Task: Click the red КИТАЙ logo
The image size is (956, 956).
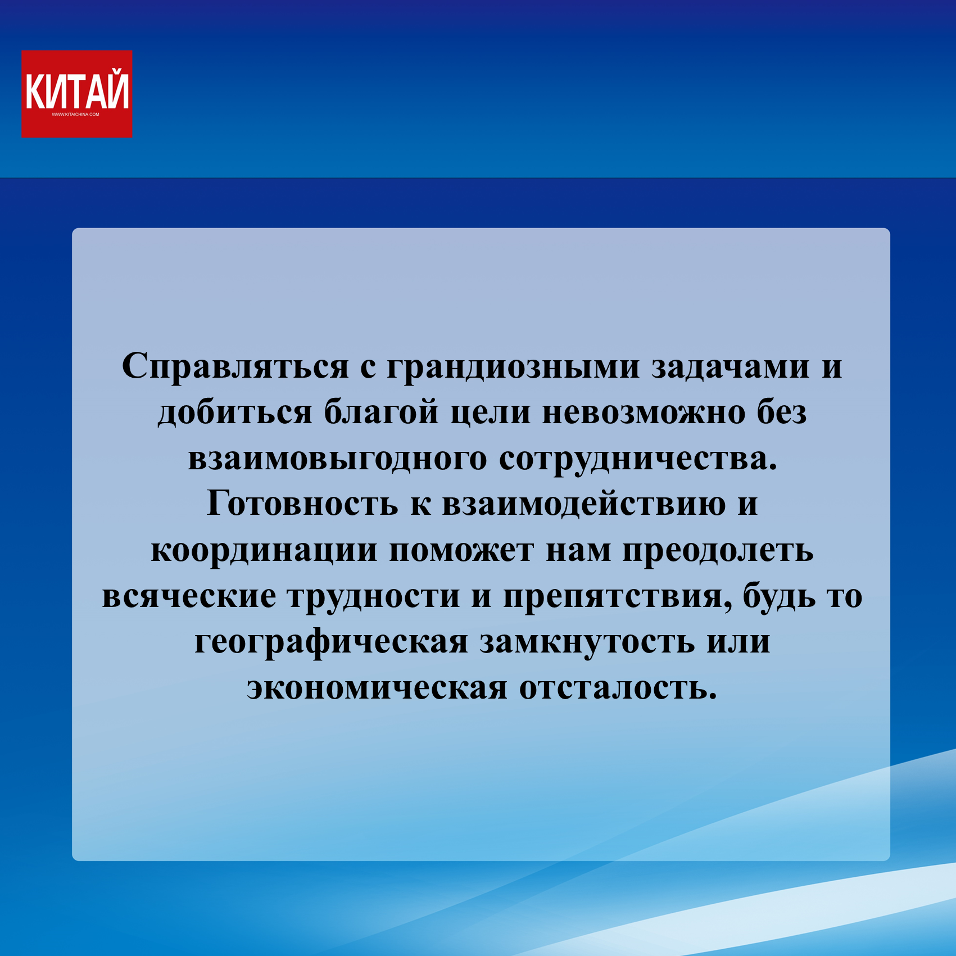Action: click(77, 94)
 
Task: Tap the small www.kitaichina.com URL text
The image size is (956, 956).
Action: click(75, 115)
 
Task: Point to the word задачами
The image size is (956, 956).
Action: click(731, 367)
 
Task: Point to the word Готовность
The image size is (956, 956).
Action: click(302, 504)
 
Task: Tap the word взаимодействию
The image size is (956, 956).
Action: click(584, 504)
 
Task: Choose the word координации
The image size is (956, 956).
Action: click(264, 551)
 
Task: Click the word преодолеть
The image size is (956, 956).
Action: click(718, 551)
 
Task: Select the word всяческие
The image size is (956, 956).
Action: click(189, 597)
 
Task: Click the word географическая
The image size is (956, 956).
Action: click(331, 642)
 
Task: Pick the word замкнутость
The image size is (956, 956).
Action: click(587, 642)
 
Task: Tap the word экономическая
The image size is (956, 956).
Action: click(377, 688)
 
